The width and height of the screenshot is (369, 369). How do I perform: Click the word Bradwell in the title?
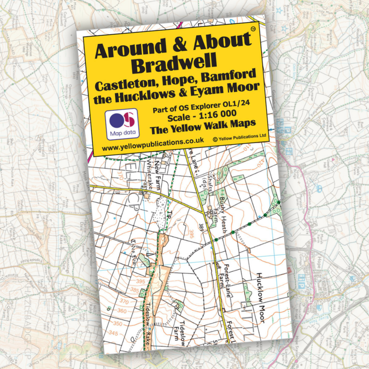click(174, 63)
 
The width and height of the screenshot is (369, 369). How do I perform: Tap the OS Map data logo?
click(122, 124)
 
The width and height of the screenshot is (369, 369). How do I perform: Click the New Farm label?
click(159, 171)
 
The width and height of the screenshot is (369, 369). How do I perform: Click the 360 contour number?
click(122, 311)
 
